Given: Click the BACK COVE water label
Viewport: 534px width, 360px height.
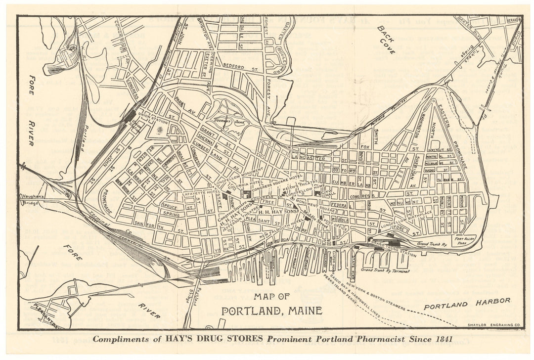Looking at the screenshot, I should (385, 40).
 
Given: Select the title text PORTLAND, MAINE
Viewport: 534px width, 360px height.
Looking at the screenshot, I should (271, 311).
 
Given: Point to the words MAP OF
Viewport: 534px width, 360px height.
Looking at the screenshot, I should (271, 297).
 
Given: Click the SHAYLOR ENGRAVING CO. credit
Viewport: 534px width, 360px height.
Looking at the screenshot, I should (494, 324).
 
